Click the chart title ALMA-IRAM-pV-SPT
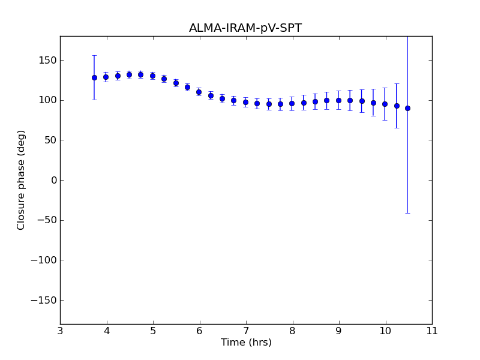(245, 28)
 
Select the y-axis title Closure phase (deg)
(22, 180)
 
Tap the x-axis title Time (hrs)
(246, 343)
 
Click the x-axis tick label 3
(60, 331)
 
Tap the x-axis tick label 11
(432, 331)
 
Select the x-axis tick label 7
(246, 331)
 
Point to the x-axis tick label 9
(339, 331)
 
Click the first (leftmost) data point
(94, 77)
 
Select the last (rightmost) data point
(408, 108)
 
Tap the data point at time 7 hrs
(245, 102)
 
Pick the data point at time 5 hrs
(152, 76)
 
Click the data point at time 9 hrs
(338, 100)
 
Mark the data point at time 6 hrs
(199, 92)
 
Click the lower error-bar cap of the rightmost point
(408, 213)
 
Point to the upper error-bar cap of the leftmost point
(94, 55)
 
